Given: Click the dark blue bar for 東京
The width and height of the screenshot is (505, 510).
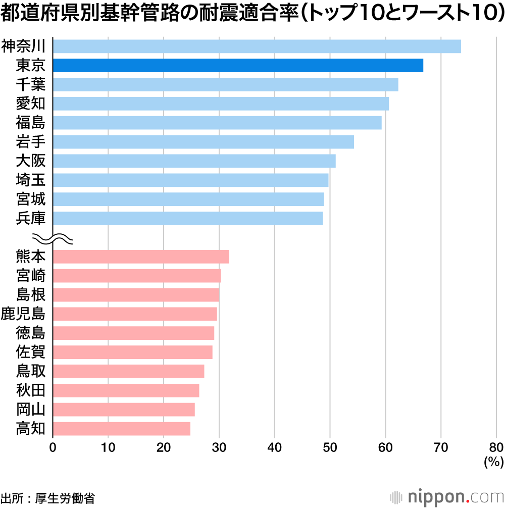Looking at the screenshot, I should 237,65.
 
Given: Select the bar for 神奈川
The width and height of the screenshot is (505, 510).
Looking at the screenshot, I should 257,46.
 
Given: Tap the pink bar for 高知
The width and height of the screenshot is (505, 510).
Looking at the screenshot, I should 121,429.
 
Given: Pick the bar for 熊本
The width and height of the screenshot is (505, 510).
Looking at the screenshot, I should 140,257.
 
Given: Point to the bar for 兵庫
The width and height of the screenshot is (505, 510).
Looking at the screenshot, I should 187,218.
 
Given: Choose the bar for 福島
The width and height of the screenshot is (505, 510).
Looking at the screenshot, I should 217,123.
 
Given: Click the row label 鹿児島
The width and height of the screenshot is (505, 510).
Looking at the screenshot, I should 23,314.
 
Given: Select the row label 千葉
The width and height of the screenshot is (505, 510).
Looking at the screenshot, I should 31,84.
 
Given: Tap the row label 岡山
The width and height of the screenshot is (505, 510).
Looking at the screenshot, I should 31,410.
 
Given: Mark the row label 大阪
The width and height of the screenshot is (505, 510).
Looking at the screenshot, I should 31,161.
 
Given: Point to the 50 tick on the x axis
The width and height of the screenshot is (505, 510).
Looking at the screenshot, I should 330,447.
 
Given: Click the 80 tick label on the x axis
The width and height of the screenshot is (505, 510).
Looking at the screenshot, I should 496,447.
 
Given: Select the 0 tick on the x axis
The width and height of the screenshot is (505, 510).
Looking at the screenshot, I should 53,447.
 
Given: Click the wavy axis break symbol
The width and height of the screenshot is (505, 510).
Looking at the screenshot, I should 53,238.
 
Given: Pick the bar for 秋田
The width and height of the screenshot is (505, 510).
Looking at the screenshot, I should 126,390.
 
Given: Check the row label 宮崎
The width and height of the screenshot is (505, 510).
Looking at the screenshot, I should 31,276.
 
